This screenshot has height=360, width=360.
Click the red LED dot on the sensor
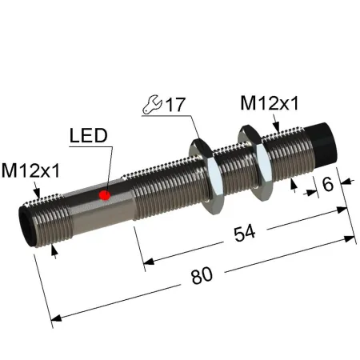pyautogui.click(x=105, y=195)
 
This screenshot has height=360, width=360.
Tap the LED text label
pyautogui.click(x=88, y=135)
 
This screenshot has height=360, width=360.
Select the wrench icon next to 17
pyautogui.click(x=152, y=104)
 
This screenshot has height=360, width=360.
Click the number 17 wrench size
pyautogui.click(x=175, y=105)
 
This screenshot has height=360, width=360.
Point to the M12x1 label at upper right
pyautogui.click(x=269, y=103)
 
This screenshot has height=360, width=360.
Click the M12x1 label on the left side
pyautogui.click(x=31, y=170)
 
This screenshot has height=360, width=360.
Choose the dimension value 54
pyautogui.click(x=245, y=233)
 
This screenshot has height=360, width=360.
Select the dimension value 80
pyautogui.click(x=202, y=275)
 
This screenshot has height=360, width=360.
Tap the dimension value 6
pyautogui.click(x=328, y=184)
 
